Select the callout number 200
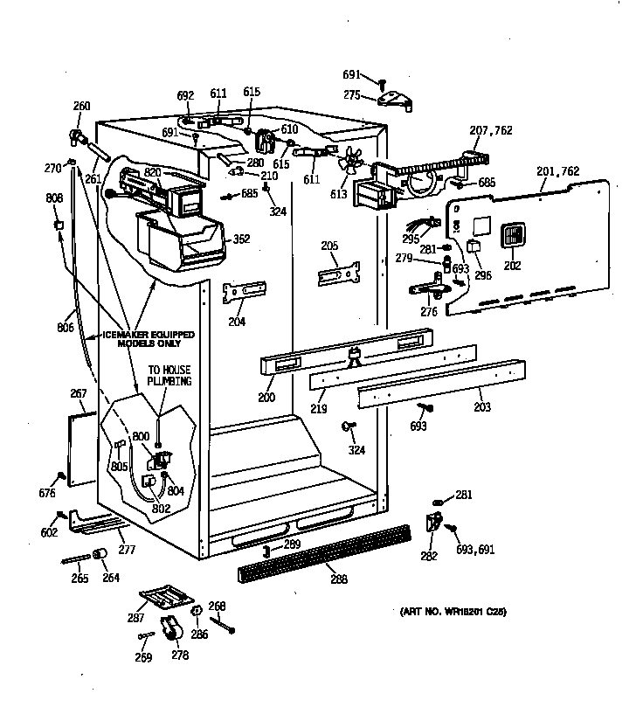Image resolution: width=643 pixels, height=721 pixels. [266, 399]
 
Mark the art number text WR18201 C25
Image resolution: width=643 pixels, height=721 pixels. [453, 612]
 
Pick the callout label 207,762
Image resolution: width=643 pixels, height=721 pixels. [491, 131]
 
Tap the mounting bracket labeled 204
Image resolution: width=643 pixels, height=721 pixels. [244, 292]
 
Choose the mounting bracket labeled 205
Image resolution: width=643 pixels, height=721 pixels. [340, 274]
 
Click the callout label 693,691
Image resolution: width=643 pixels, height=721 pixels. [475, 550]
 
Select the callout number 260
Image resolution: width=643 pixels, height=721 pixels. [81, 107]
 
